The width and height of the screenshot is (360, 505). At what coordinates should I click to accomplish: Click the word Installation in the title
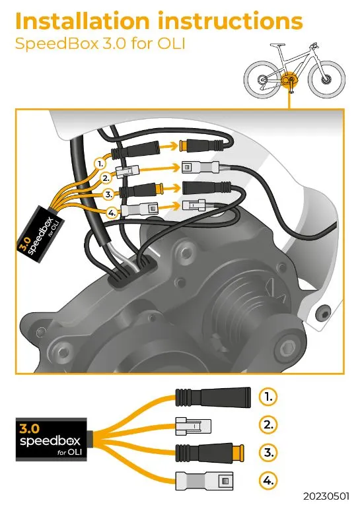83,21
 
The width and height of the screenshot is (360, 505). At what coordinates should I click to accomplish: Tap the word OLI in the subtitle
172,44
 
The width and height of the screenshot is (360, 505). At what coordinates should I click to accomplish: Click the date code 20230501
326,495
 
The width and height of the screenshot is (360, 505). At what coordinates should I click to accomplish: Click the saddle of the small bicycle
277,45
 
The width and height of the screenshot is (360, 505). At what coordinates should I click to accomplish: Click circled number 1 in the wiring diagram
100,164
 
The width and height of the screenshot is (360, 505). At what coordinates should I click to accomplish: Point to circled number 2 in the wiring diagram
106,178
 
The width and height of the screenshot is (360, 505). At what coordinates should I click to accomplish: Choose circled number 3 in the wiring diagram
109,195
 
